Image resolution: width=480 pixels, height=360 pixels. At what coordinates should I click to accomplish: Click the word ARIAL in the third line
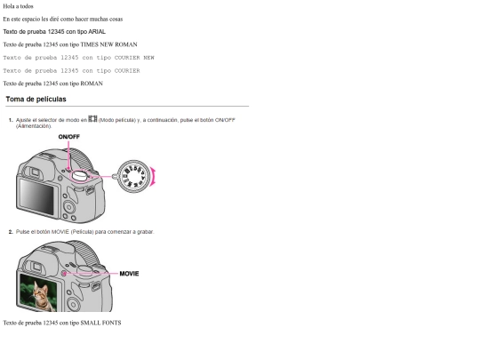(97, 32)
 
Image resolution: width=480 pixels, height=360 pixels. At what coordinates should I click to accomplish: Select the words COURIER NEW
(134, 58)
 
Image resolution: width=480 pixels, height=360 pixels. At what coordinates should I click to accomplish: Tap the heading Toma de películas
(36, 100)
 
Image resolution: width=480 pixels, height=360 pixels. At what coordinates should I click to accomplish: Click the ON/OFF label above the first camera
(68, 137)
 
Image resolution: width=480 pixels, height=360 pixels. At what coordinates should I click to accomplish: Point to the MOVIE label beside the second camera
(129, 274)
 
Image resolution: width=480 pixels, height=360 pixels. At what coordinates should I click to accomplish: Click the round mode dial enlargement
(133, 176)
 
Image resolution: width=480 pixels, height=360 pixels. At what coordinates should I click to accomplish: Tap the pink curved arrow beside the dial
(153, 177)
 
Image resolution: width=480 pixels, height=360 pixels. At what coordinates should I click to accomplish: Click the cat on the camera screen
(41, 296)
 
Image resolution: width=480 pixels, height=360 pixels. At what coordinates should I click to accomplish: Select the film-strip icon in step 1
(92, 119)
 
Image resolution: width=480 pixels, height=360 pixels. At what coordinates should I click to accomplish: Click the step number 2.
(11, 232)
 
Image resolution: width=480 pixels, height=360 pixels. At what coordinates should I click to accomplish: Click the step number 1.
(11, 120)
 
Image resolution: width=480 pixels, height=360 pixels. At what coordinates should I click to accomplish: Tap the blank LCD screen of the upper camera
(36, 196)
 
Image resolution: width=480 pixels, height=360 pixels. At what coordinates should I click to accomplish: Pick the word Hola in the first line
(8, 6)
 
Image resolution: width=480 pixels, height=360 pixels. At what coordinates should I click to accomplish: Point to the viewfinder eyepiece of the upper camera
(36, 172)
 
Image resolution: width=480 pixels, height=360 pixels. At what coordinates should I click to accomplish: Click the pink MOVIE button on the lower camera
(64, 274)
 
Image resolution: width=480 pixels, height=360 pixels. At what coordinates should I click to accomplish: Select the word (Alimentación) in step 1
(34, 126)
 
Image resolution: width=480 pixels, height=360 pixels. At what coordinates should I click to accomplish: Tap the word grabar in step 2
(146, 232)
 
